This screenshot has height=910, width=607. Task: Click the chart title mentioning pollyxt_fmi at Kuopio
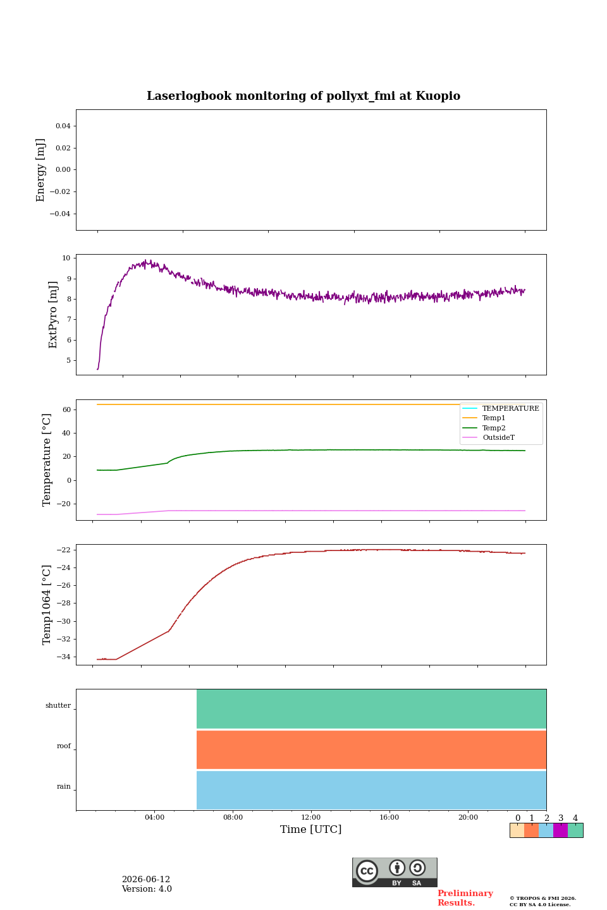(303, 96)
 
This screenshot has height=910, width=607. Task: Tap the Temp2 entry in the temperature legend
(494, 428)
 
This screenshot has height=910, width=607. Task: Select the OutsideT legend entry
(498, 437)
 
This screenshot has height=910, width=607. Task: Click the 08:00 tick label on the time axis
(233, 817)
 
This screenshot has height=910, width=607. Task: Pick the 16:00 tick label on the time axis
(389, 817)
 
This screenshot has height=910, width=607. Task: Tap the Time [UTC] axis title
(310, 829)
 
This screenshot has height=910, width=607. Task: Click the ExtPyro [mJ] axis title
(53, 315)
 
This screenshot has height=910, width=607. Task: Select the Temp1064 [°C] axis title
(46, 605)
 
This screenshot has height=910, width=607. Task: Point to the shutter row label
(58, 705)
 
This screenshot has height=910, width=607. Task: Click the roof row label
(64, 746)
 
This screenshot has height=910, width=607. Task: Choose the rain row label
(64, 787)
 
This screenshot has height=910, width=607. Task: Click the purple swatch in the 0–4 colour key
(561, 830)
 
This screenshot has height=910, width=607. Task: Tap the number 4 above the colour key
(575, 818)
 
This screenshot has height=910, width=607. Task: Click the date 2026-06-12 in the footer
(146, 880)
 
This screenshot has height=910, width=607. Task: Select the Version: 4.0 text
(147, 889)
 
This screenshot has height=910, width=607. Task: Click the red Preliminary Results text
(465, 898)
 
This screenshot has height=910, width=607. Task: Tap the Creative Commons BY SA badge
(395, 872)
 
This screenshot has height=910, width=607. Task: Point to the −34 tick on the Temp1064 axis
(63, 657)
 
